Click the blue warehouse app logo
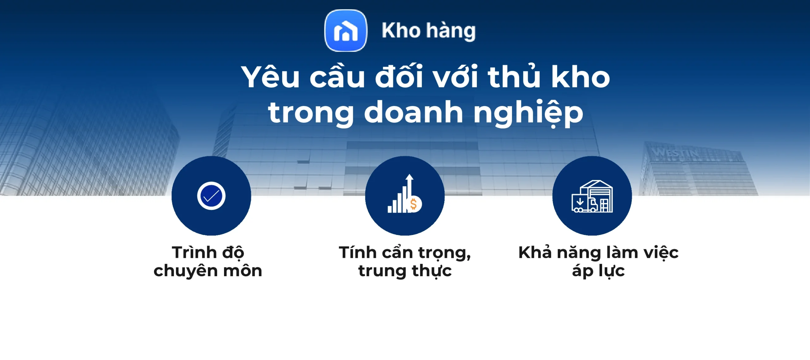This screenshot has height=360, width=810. pos(346,31)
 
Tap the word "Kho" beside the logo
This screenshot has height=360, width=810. pos(401,31)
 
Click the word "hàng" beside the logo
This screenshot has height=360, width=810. pos(451,31)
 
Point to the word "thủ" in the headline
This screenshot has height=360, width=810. pos(514,77)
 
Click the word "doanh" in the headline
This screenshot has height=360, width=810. pos(413,113)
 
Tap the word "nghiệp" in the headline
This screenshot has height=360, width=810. pos(528,113)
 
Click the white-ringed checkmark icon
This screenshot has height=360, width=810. pos(211,196)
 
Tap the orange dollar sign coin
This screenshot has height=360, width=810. pos(414,204)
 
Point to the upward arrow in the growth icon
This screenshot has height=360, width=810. pos(410,183)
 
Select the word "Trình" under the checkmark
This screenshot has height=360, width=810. pos(194,253)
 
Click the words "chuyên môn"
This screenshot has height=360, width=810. pos(208,271)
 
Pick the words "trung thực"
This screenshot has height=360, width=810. pos(405,271)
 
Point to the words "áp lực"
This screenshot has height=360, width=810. pos(598,271)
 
